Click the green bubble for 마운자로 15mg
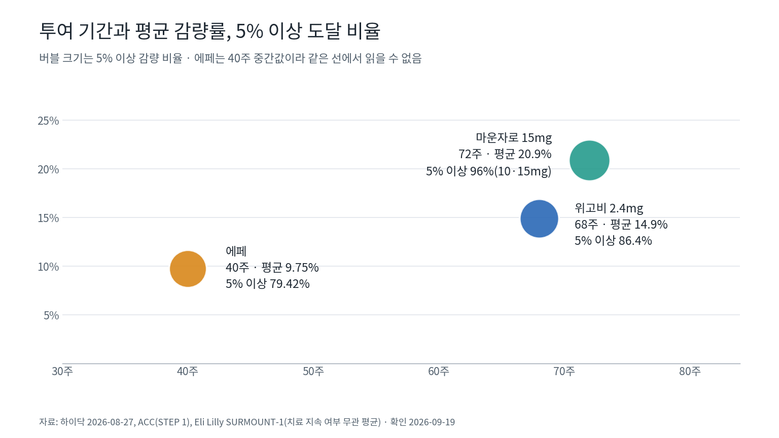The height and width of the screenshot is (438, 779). click(x=589, y=160)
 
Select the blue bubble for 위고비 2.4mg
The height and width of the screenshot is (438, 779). click(x=540, y=218)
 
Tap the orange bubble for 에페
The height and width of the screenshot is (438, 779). click(x=188, y=269)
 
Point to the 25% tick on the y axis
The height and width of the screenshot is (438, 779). click(x=48, y=121)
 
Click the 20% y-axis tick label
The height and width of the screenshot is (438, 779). click(x=48, y=169)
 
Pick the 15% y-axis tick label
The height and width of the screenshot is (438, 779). click(x=48, y=218)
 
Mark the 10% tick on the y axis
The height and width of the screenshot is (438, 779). click(x=48, y=267)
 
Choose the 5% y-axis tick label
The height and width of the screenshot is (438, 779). click(x=51, y=315)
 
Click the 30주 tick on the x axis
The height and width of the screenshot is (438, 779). click(x=62, y=371)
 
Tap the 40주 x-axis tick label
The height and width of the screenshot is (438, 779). click(x=188, y=371)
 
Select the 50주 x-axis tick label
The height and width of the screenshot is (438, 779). click(x=313, y=371)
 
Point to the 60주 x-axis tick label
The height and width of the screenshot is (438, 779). click(x=439, y=371)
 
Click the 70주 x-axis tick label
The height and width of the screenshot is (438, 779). click(x=564, y=371)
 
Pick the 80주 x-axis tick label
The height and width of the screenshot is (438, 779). click(x=690, y=371)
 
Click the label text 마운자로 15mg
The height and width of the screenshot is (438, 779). click(x=514, y=138)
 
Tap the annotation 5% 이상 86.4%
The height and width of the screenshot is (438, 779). click(x=613, y=241)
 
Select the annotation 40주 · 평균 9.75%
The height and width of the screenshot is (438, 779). click(x=272, y=267)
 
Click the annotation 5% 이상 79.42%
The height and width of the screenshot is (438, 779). click(x=267, y=284)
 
